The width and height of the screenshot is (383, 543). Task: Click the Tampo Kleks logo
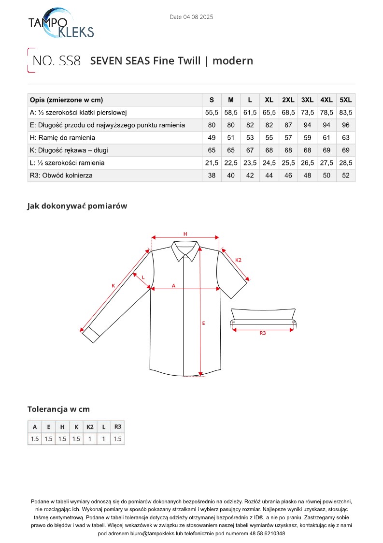(61, 25)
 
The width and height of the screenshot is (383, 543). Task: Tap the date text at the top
(191, 17)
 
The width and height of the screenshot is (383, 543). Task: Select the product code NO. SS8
(56, 61)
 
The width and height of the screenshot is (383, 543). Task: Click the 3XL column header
(307, 100)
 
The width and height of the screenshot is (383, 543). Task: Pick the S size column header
(212, 100)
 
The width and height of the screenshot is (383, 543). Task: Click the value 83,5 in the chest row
(346, 113)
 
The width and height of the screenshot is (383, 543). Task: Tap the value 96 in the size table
(346, 125)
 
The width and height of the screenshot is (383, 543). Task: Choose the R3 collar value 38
(212, 176)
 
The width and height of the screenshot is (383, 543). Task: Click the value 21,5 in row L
(212, 163)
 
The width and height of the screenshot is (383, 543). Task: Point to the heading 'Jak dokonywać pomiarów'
(77, 206)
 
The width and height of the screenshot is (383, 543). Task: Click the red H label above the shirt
(185, 234)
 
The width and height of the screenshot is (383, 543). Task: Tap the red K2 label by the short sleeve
(238, 260)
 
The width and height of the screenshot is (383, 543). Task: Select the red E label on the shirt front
(203, 323)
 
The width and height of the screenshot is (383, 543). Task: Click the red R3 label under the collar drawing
(263, 333)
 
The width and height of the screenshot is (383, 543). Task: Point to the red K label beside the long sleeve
(113, 286)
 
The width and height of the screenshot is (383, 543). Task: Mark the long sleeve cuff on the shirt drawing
(91, 334)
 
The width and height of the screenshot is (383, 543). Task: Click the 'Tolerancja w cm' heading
(58, 410)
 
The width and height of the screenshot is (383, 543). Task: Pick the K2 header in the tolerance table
(90, 427)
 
